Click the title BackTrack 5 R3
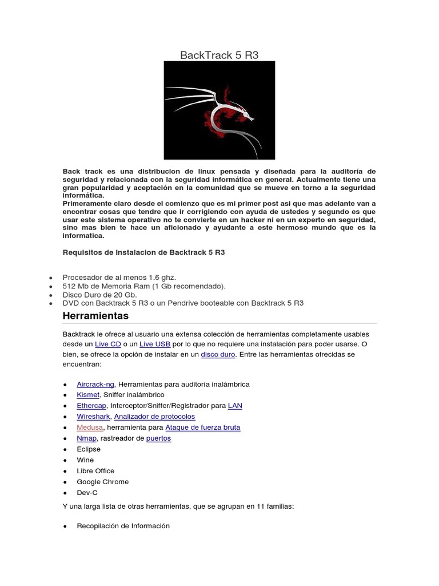pyautogui.click(x=219, y=56)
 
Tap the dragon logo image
pyautogui.click(x=219, y=110)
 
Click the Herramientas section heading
pyautogui.click(x=95, y=316)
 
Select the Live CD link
pyautogui.click(x=108, y=344)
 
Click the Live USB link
pyautogui.click(x=155, y=344)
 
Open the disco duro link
pyautogui.click(x=218, y=354)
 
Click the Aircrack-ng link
pyautogui.click(x=95, y=384)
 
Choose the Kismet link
pyautogui.click(x=88, y=395)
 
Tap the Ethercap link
pyautogui.click(x=91, y=406)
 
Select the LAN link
pyautogui.click(x=235, y=406)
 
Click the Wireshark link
pyautogui.click(x=93, y=417)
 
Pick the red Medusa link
pyautogui.click(x=90, y=427)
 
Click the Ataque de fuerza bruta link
pyautogui.click(x=202, y=427)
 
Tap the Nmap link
pyautogui.click(x=87, y=438)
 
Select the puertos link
pyautogui.click(x=158, y=438)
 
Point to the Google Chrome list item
pyautogui.click(x=103, y=482)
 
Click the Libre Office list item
pyautogui.click(x=95, y=471)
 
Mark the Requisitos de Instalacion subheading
pyautogui.click(x=143, y=252)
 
